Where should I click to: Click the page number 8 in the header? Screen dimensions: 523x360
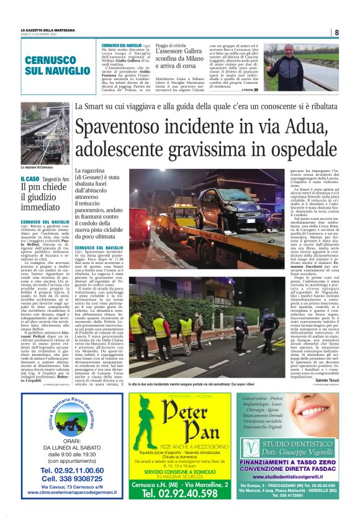336,32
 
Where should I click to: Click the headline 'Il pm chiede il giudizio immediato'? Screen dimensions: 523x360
42,194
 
